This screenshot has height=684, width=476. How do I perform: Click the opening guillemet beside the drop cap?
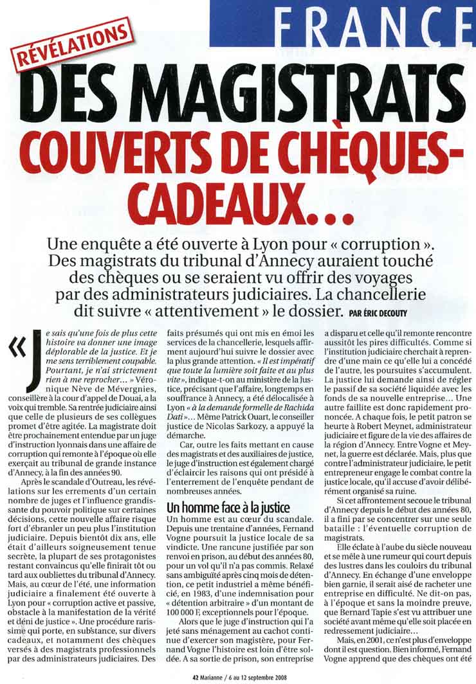click(16, 346)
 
